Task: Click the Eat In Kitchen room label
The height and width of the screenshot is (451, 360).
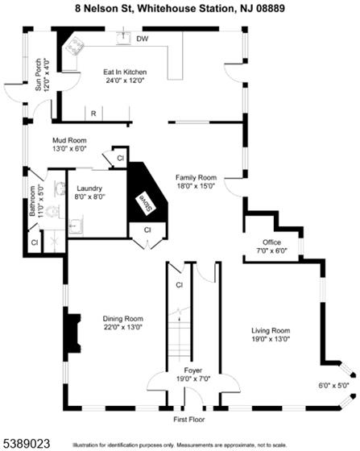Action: (x=125, y=72)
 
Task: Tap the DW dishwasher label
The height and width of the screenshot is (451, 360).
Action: (x=143, y=39)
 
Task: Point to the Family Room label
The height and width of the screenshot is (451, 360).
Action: (x=196, y=177)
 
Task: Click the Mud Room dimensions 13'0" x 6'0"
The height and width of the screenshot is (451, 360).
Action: (x=69, y=149)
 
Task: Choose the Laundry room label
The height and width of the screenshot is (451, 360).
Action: (x=89, y=188)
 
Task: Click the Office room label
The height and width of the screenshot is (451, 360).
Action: (x=271, y=242)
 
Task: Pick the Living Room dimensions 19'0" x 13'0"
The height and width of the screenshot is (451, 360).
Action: (x=271, y=339)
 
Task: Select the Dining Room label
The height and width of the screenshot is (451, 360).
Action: (x=122, y=319)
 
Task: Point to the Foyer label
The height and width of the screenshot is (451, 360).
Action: (x=193, y=370)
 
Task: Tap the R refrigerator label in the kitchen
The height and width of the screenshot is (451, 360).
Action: (x=93, y=114)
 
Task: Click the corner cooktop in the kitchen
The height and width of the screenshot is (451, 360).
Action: (x=74, y=46)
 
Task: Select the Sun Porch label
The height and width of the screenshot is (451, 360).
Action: (x=38, y=75)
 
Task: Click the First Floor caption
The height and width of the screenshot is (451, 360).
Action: (x=189, y=420)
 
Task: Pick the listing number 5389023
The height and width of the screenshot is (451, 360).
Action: (x=25, y=443)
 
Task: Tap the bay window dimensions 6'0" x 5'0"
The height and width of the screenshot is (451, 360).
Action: (x=334, y=386)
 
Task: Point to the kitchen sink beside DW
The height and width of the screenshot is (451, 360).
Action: (x=124, y=38)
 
